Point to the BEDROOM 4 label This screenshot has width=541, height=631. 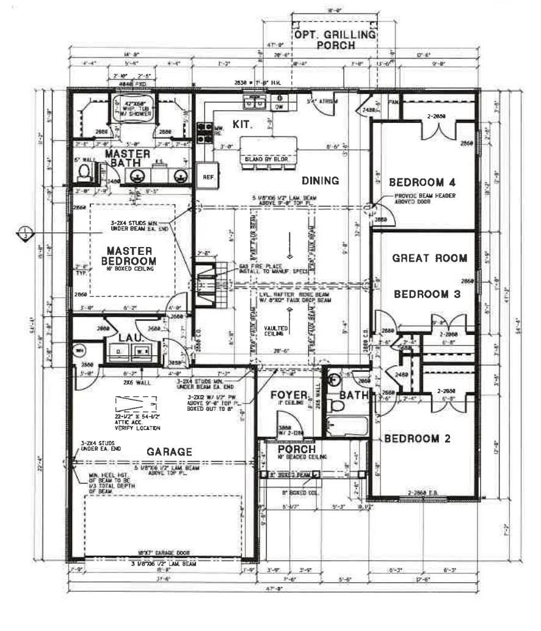pos(423,182)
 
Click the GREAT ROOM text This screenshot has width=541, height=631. pos(429,258)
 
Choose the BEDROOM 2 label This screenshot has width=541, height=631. pos(420,438)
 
